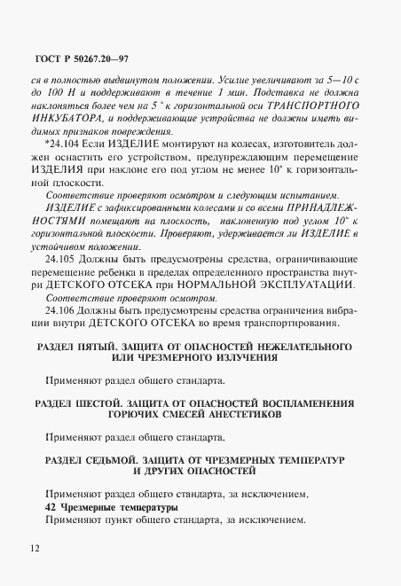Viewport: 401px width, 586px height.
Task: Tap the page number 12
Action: [34, 548]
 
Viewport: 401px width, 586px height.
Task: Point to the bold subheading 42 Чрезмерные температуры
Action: [110, 506]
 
